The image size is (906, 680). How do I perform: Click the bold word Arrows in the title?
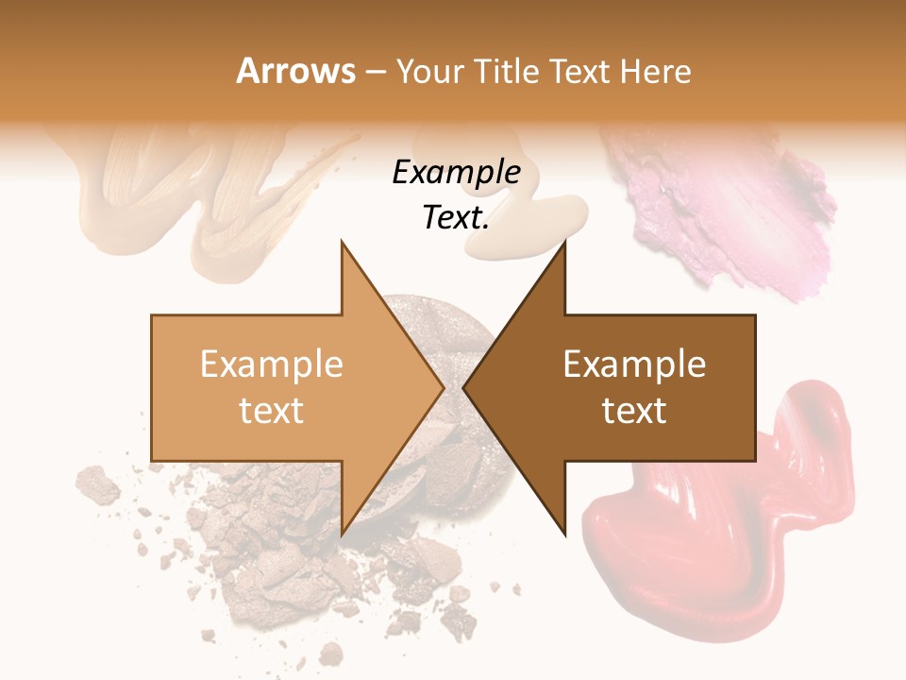[296, 71]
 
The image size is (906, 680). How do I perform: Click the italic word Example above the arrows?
[457, 172]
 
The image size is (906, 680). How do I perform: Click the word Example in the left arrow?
[272, 365]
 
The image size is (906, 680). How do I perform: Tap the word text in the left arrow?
[272, 411]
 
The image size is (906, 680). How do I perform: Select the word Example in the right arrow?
[634, 365]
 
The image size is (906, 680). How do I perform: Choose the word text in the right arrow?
[634, 411]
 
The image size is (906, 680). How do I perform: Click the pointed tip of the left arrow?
[443, 387]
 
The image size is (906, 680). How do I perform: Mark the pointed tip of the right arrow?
[464, 387]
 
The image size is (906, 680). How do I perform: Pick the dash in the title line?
[376, 72]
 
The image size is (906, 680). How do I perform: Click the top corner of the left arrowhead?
[342, 242]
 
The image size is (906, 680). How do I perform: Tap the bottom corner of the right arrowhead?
[564, 535]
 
